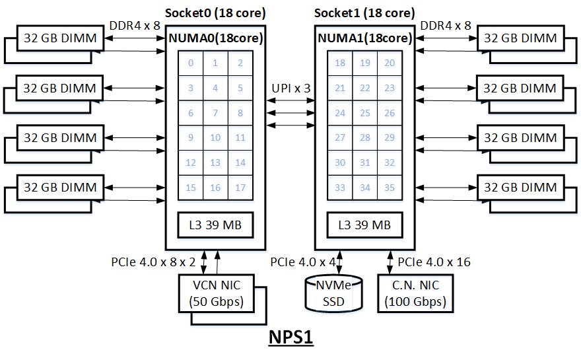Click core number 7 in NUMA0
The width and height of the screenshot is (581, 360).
(215, 113)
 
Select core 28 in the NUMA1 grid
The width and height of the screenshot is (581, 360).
(365, 138)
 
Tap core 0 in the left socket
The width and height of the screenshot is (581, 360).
(191, 63)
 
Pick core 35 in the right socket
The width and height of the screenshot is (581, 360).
(390, 188)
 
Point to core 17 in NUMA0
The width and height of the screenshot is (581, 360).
(240, 188)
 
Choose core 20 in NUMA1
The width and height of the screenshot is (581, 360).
(390, 63)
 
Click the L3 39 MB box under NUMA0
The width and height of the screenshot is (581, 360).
(215, 225)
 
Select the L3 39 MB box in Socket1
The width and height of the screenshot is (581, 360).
(365, 225)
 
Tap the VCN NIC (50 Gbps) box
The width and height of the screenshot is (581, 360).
(217, 293)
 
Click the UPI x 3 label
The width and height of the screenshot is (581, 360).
(291, 89)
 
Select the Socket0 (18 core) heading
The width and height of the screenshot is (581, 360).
(215, 13)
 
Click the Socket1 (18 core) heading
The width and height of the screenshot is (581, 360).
(365, 13)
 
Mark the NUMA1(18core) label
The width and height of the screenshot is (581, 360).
(365, 38)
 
